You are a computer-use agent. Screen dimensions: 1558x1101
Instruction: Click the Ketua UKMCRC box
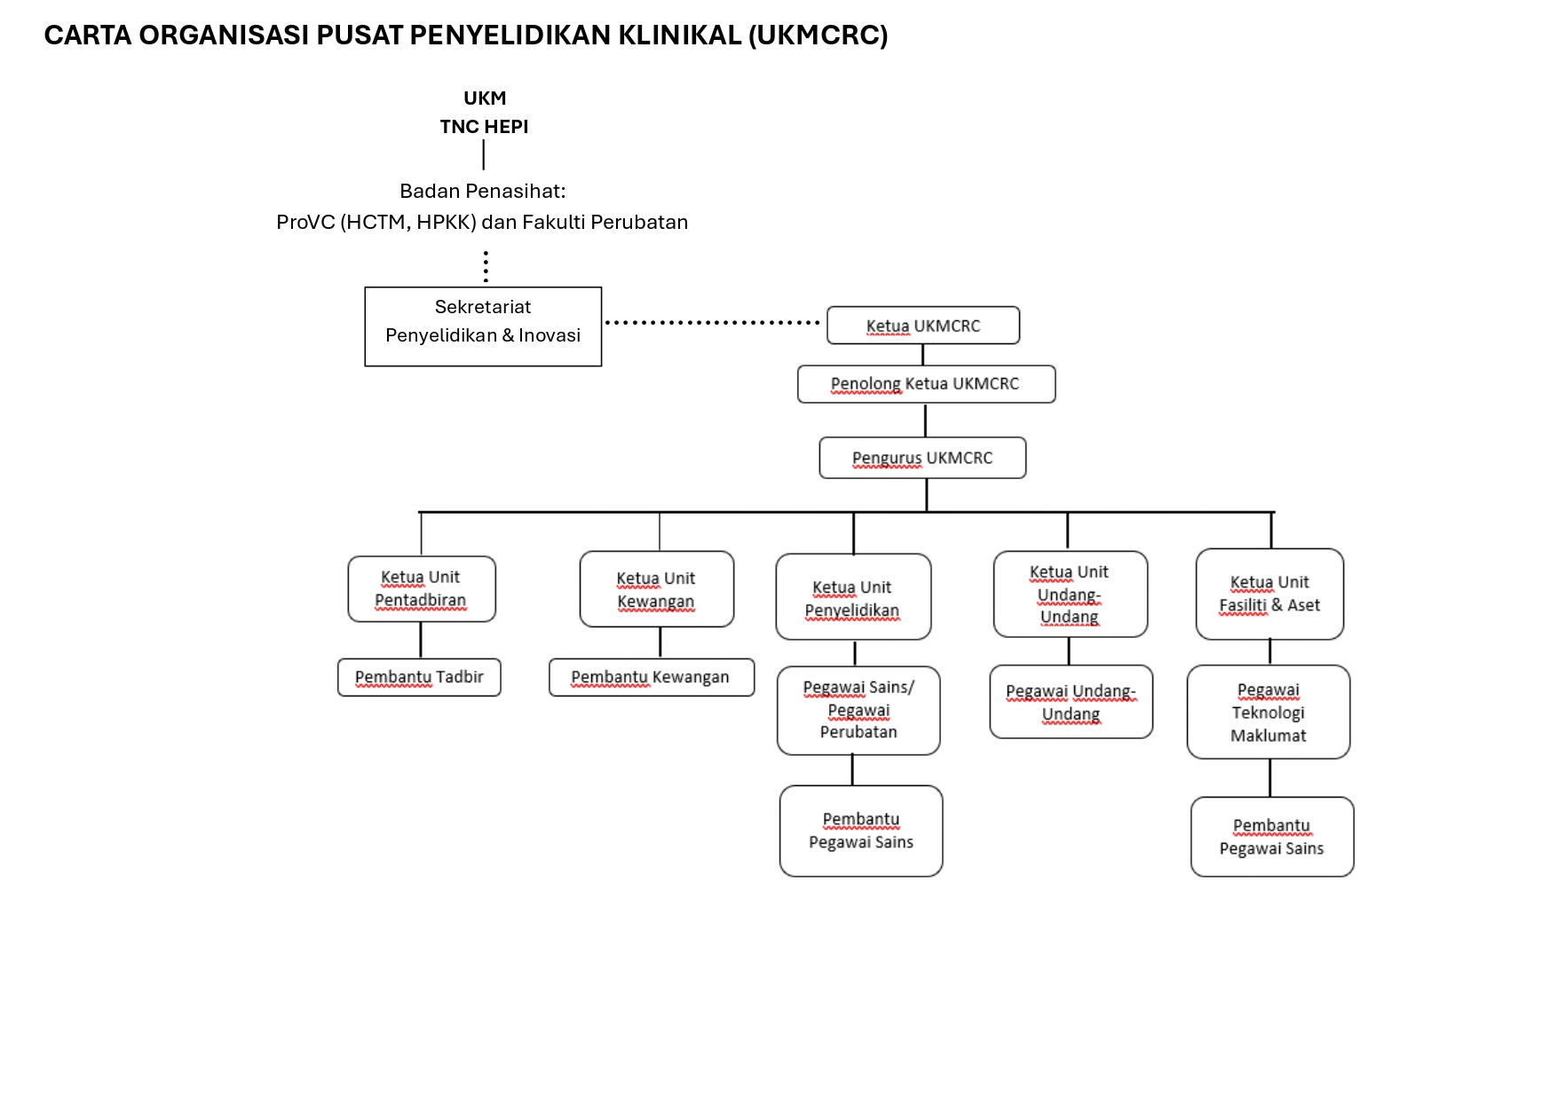[x=923, y=326]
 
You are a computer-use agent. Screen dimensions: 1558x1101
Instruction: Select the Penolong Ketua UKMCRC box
[x=927, y=384]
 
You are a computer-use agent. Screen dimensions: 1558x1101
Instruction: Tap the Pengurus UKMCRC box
[x=922, y=458]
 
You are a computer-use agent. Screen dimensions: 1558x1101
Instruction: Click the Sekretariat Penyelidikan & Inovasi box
[x=483, y=326]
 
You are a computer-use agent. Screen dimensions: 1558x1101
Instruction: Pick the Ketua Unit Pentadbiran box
[x=422, y=589]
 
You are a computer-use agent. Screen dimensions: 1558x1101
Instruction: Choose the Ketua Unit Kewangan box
[x=657, y=589]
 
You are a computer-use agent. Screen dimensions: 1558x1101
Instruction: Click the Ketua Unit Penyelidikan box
[x=853, y=597]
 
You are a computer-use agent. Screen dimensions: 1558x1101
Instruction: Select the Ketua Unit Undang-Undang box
[x=1071, y=594]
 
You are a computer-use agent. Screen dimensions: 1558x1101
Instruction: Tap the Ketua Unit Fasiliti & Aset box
[x=1269, y=594]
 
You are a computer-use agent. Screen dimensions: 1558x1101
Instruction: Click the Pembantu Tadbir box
[x=419, y=678]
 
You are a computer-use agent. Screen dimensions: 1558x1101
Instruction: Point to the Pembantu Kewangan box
[x=652, y=678]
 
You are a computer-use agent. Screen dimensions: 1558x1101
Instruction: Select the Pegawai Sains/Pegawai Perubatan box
[x=858, y=711]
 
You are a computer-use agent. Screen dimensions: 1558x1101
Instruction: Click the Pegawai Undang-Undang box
[x=1072, y=702]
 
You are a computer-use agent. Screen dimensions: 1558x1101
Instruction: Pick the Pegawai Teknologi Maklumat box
[x=1269, y=712]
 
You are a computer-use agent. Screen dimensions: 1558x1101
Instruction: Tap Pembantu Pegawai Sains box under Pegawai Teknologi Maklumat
[x=1272, y=837]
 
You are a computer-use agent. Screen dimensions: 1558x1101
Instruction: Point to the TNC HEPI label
[x=484, y=127]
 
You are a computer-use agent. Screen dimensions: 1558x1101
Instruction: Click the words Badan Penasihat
[x=482, y=192]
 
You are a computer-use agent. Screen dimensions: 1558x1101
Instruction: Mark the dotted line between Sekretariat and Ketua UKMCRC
[x=712, y=323]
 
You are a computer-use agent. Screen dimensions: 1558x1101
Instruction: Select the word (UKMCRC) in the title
[x=818, y=35]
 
